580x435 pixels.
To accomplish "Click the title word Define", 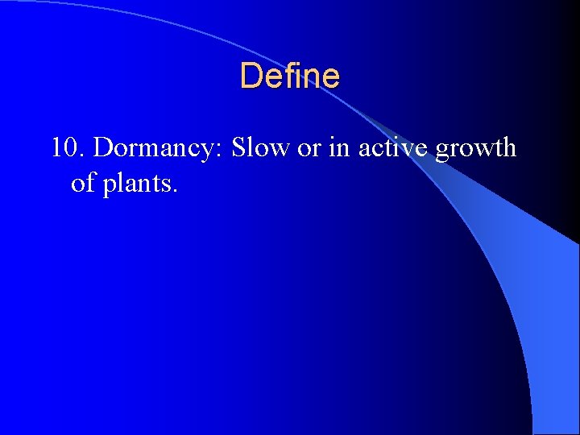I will [x=290, y=77].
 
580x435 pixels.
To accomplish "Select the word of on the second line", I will [x=81, y=183].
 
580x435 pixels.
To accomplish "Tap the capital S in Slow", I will [x=238, y=148].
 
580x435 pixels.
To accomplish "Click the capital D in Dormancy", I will [x=103, y=148].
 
